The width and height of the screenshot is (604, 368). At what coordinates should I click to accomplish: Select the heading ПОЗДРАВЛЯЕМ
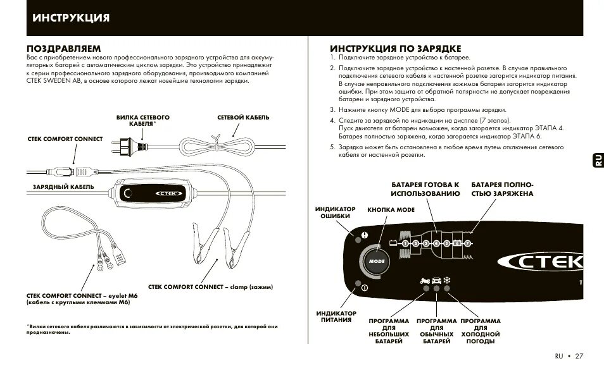(64, 49)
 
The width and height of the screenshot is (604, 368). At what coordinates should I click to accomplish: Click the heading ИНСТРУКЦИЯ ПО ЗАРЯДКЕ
(395, 49)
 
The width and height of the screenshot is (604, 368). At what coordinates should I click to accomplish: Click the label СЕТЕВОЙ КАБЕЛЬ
(243, 118)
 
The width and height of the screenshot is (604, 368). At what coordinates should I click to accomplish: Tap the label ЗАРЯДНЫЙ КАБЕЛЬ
(64, 187)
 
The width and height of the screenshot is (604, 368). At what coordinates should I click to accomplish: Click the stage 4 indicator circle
(436, 243)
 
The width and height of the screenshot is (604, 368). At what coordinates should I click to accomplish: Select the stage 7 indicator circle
(468, 243)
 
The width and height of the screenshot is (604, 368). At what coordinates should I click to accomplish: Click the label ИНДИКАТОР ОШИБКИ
(335, 212)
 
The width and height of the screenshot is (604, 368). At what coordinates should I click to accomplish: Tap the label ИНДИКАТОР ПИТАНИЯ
(336, 316)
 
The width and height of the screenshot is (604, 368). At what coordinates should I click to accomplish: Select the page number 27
(579, 356)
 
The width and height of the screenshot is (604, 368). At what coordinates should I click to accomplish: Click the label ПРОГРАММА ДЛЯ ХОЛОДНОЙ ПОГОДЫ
(481, 331)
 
